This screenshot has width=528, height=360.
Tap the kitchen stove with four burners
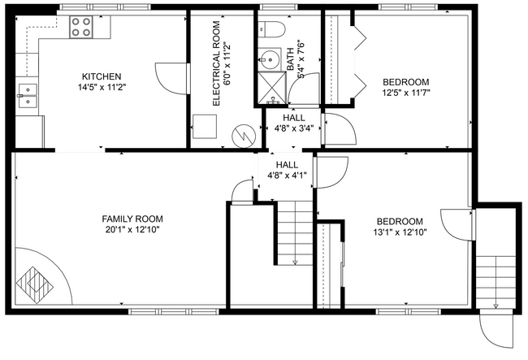click(82, 28)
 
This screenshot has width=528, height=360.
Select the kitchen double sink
click(28, 96)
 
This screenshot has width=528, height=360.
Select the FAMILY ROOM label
click(132, 219)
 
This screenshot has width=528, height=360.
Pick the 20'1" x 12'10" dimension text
click(132, 230)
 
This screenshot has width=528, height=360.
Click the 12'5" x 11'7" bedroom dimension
click(405, 93)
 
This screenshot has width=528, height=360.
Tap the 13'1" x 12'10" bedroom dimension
click(399, 232)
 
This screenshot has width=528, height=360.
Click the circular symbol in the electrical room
click(242, 134)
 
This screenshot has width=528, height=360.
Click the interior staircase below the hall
click(295, 232)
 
